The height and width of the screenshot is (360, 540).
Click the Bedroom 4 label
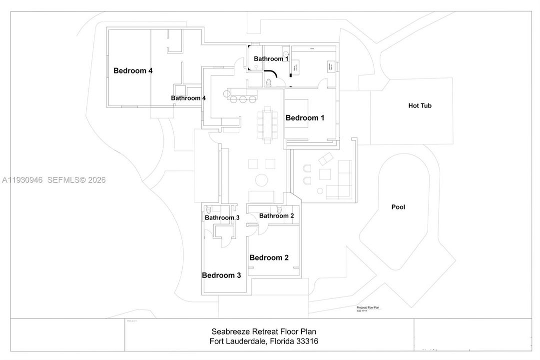133,70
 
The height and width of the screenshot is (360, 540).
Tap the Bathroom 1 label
271,58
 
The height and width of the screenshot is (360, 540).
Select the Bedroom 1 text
305,118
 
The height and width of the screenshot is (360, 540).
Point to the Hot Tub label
420,105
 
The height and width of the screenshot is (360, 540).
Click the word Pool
398,207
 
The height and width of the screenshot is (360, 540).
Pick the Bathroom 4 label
188,98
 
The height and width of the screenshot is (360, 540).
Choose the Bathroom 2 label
276,215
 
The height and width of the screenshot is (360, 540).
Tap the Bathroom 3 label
222,217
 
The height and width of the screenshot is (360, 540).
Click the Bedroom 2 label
269,257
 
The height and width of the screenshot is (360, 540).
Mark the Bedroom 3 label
221,275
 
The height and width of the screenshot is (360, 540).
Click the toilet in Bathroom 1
268,82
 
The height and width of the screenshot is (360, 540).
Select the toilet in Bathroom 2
279,209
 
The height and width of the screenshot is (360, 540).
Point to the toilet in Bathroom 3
209,210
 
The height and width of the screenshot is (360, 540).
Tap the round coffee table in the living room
261,179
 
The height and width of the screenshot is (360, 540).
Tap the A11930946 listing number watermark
22,180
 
